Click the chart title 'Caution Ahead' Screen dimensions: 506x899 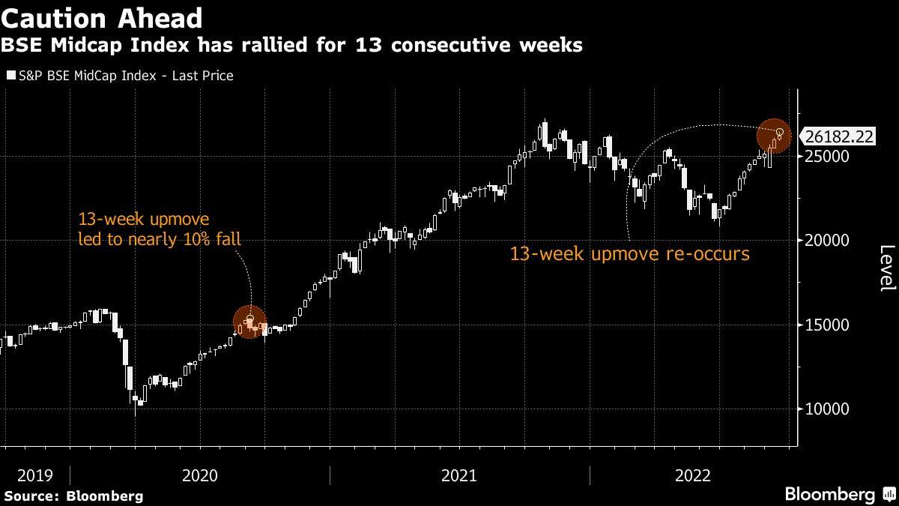point(102,17)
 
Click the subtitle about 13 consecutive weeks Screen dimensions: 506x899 point(292,46)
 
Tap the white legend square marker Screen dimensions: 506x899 point(10,76)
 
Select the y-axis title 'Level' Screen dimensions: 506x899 point(887,268)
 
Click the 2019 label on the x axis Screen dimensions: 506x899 point(34,475)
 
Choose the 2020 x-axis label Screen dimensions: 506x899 point(200,475)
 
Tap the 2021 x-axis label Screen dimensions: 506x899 point(459,475)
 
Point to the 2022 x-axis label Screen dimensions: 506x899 point(693,475)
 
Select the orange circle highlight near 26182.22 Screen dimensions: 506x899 point(774,136)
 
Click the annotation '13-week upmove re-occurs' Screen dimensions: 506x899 point(629,254)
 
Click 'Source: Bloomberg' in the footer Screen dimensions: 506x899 point(73,496)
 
